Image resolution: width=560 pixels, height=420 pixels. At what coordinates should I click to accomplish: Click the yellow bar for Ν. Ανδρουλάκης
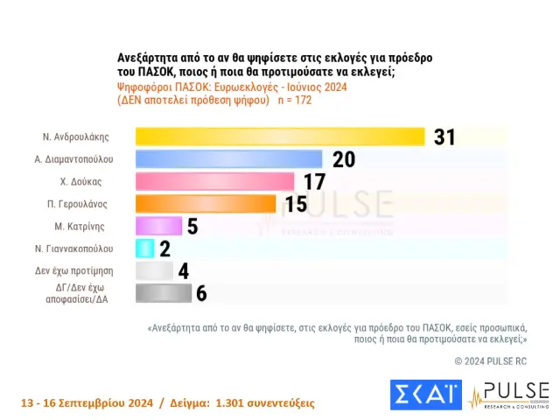tap(280, 136)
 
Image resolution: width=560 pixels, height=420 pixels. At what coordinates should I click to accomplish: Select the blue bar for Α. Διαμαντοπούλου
tap(229, 158)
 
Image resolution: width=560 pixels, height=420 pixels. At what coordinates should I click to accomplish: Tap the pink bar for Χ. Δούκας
tap(214, 181)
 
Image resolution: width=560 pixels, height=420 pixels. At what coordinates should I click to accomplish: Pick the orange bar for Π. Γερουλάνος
tap(206, 203)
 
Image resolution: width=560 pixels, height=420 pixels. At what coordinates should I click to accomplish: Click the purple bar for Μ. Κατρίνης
tap(158, 226)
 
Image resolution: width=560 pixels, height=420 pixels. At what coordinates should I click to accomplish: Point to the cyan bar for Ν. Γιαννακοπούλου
tap(145, 248)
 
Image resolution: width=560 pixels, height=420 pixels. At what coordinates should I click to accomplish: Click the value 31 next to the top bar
tap(444, 136)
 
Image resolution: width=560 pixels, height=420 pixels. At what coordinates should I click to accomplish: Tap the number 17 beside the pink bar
tap(314, 181)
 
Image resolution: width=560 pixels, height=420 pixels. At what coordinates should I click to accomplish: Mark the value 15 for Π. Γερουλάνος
tap(296, 203)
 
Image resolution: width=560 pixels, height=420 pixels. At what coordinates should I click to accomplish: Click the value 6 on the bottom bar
tap(201, 293)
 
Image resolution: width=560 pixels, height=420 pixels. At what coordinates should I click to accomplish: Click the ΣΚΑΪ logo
tap(425, 395)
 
